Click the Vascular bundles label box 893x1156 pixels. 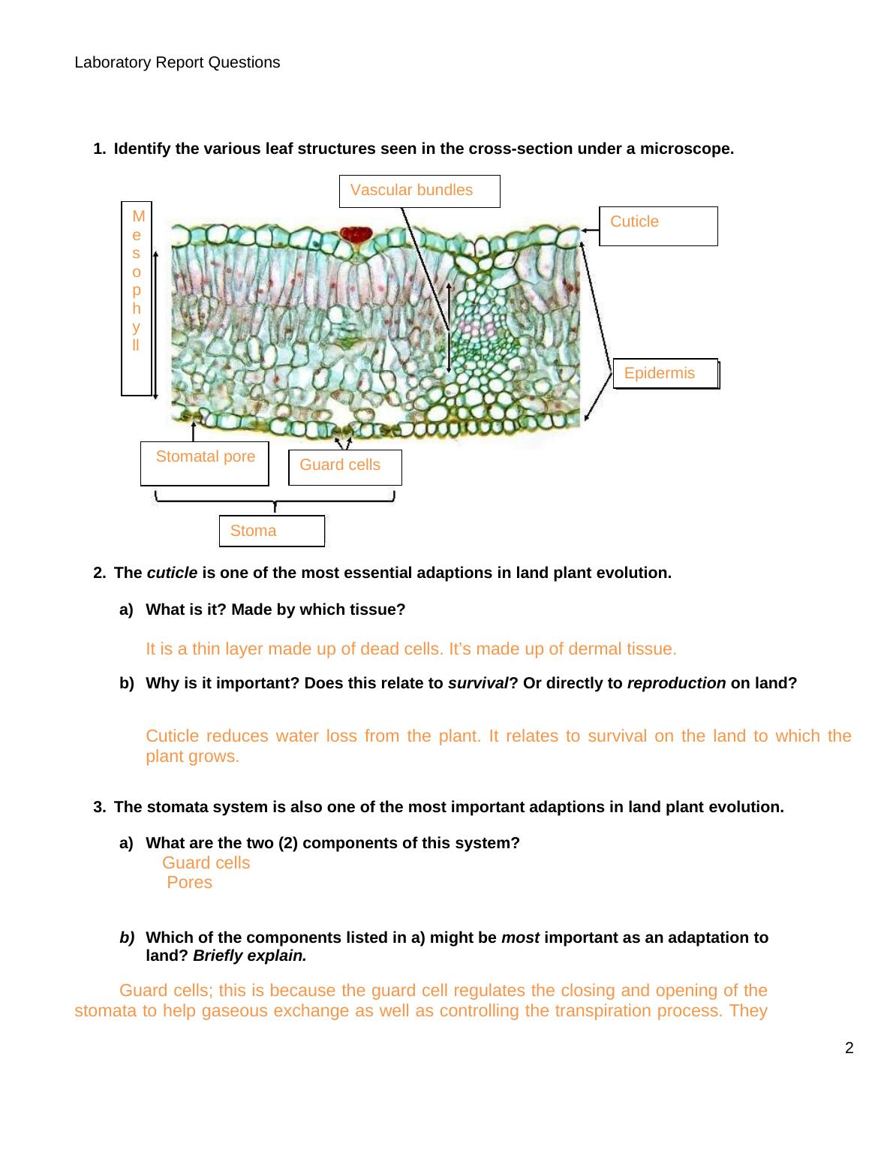pyautogui.click(x=419, y=191)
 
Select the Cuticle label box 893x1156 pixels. pyautogui.click(x=658, y=226)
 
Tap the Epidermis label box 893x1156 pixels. pyautogui.click(x=665, y=373)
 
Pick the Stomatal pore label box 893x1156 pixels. pyautogui.click(x=204, y=463)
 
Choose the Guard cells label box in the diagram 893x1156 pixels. pyautogui.click(x=344, y=467)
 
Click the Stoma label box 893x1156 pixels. pyautogui.click(x=272, y=531)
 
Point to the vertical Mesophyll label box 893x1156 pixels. pyautogui.click(x=137, y=298)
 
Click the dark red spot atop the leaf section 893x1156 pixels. pyautogui.click(x=356, y=234)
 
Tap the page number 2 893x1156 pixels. pyautogui.click(x=849, y=1049)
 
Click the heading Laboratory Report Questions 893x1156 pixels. pyautogui.click(x=177, y=62)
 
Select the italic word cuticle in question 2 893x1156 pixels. pyautogui.click(x=172, y=573)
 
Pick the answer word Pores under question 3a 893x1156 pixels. pyautogui.click(x=189, y=883)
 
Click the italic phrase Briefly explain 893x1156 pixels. pyautogui.click(x=250, y=956)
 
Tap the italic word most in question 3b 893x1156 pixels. pyautogui.click(x=520, y=938)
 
